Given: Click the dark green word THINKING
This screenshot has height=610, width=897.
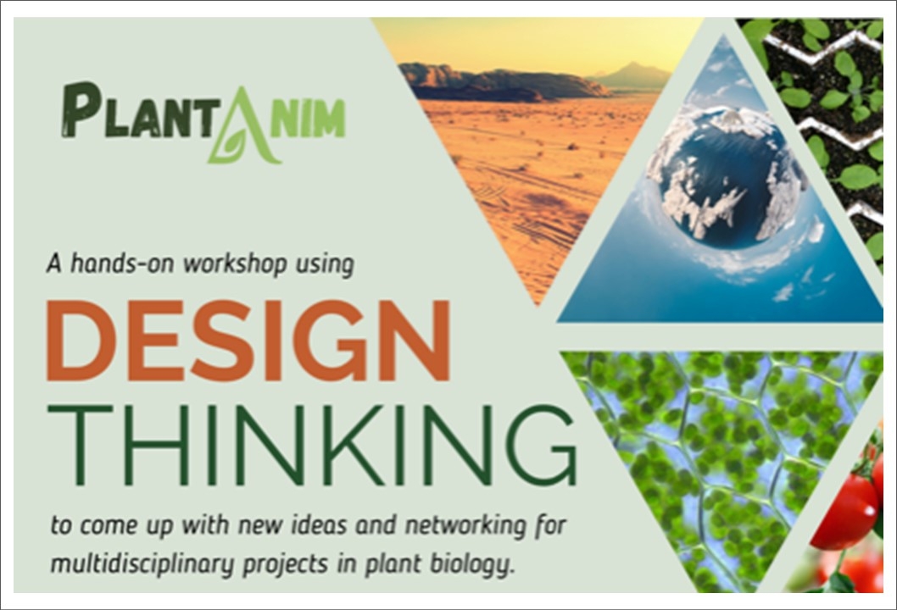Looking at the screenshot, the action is [x=312, y=446].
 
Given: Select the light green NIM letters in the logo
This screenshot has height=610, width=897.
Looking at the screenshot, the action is [x=308, y=119].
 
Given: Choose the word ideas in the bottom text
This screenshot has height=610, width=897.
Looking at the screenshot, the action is [x=320, y=524].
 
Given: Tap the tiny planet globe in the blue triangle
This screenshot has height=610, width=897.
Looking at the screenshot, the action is [x=727, y=177].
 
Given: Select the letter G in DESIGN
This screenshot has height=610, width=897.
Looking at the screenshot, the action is [x=342, y=341].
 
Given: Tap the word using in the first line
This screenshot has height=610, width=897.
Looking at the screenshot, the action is [x=325, y=265].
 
